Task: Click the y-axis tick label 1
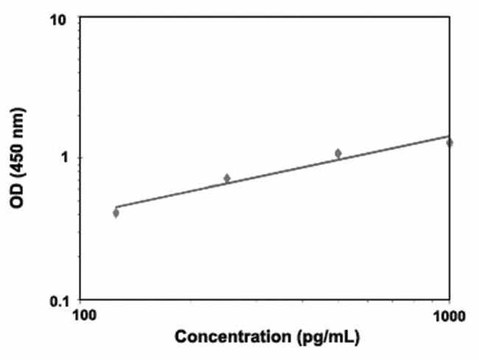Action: click(63, 158)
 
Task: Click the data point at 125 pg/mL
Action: click(116, 213)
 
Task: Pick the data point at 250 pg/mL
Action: click(227, 178)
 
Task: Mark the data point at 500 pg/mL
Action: click(338, 153)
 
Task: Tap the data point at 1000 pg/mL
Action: click(450, 142)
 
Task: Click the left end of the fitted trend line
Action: click(116, 207)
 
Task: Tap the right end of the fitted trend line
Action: click(450, 135)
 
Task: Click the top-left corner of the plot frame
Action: click(79, 18)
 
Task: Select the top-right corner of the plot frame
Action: click(450, 18)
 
